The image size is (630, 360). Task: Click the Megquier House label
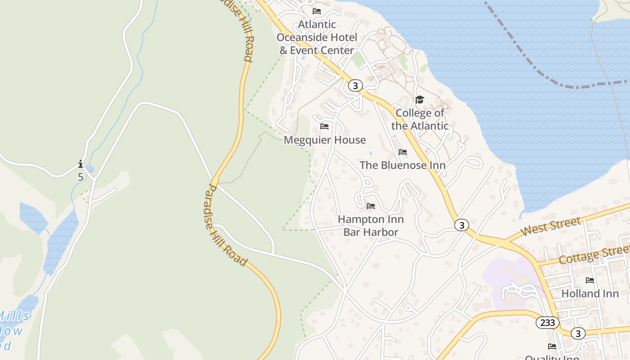pos(324,140)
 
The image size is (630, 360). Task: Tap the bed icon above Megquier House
pos(324,126)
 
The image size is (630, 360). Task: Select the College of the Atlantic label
pos(420,119)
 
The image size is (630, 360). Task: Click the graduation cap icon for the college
pos(419,99)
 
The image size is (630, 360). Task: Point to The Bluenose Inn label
pos(402,165)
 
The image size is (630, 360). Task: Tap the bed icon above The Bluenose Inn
pos(403,152)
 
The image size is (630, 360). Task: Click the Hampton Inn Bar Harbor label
pos(371,226)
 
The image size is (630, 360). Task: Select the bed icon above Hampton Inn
pos(371,206)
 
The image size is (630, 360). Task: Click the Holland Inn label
pos(590,293)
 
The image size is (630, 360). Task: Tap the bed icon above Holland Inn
pos(590,280)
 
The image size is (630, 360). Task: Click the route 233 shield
pos(548,323)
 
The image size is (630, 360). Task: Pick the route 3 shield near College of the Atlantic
pos(355,85)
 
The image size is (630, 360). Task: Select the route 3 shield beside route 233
pos(578,333)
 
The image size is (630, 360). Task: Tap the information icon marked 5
pos(81,164)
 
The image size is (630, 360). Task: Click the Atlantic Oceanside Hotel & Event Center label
pos(317,37)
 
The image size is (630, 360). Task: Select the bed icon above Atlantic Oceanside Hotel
pos(317,11)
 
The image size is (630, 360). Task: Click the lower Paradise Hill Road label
pos(225,225)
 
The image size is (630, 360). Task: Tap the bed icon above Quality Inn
pos(552,346)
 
